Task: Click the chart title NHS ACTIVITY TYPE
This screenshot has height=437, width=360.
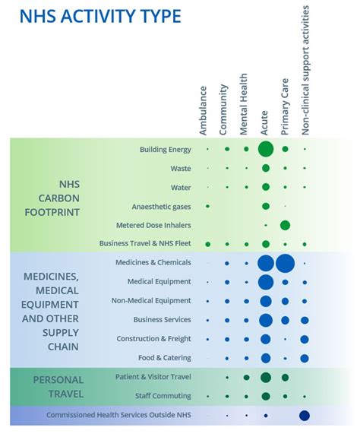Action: tap(100, 16)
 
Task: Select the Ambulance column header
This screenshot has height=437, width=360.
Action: tap(203, 111)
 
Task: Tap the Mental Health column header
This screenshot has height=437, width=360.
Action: tap(243, 104)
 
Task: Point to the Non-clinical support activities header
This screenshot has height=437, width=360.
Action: tap(305, 70)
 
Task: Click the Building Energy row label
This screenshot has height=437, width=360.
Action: tap(166, 150)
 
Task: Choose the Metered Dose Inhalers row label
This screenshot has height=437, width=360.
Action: tap(153, 225)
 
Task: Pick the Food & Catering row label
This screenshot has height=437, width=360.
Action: tap(165, 357)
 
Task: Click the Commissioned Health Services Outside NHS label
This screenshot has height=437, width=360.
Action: tap(119, 415)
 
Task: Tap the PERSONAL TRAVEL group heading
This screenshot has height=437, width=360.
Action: tap(58, 387)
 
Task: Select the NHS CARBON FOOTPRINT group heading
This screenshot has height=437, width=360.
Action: tap(52, 198)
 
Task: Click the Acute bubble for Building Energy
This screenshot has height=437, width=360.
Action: tap(266, 149)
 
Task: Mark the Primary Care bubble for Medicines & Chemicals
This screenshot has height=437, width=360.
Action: tap(285, 264)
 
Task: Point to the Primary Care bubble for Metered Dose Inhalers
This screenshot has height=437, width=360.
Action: tap(285, 225)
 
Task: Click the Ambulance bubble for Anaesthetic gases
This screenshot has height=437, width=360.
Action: tap(207, 206)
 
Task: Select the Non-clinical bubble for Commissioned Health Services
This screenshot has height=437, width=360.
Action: tap(305, 416)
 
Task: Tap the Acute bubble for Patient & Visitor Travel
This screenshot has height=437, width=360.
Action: tap(266, 378)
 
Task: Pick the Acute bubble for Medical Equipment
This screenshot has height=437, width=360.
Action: tap(266, 282)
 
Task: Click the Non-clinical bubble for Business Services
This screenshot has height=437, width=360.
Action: tap(305, 320)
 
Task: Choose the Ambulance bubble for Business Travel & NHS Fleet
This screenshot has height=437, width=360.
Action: tap(207, 245)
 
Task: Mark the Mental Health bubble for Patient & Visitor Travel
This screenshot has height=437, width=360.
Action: tap(246, 378)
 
